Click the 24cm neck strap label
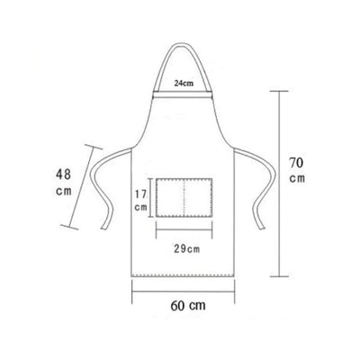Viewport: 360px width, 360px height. pos(184,84)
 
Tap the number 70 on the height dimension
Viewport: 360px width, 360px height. pos(296,163)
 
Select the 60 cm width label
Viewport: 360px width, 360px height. pos(188,306)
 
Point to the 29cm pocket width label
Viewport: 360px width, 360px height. pos(186,249)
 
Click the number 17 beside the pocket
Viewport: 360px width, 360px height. pos(140,194)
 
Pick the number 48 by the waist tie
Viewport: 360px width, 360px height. pos(63,174)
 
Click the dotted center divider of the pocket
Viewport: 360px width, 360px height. pos(184,197)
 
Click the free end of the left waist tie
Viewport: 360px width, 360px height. pos(103,228)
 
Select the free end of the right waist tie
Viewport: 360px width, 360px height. pos(262,227)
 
